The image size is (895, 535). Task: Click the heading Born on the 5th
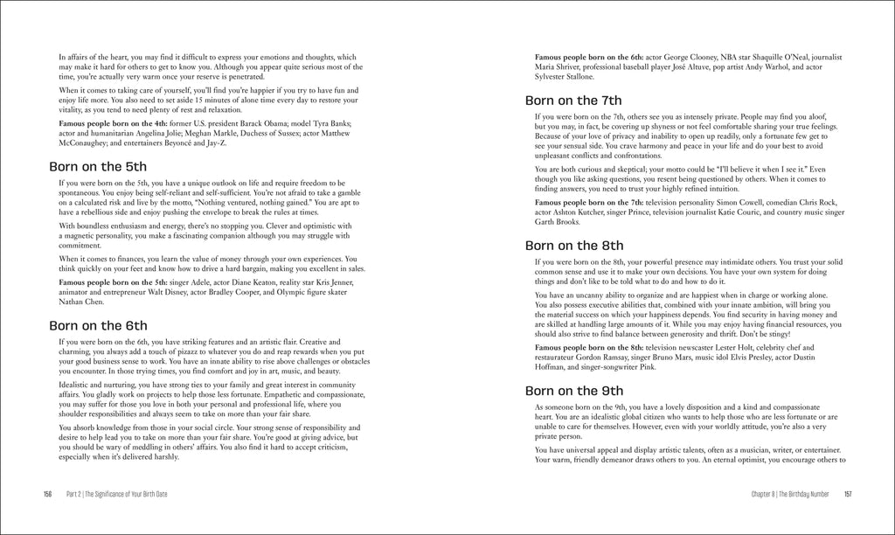tap(98, 165)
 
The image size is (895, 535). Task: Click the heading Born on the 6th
tap(98, 325)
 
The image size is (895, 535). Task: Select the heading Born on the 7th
tap(574, 100)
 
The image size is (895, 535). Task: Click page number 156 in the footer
tap(48, 494)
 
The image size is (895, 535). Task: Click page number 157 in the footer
tap(848, 494)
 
